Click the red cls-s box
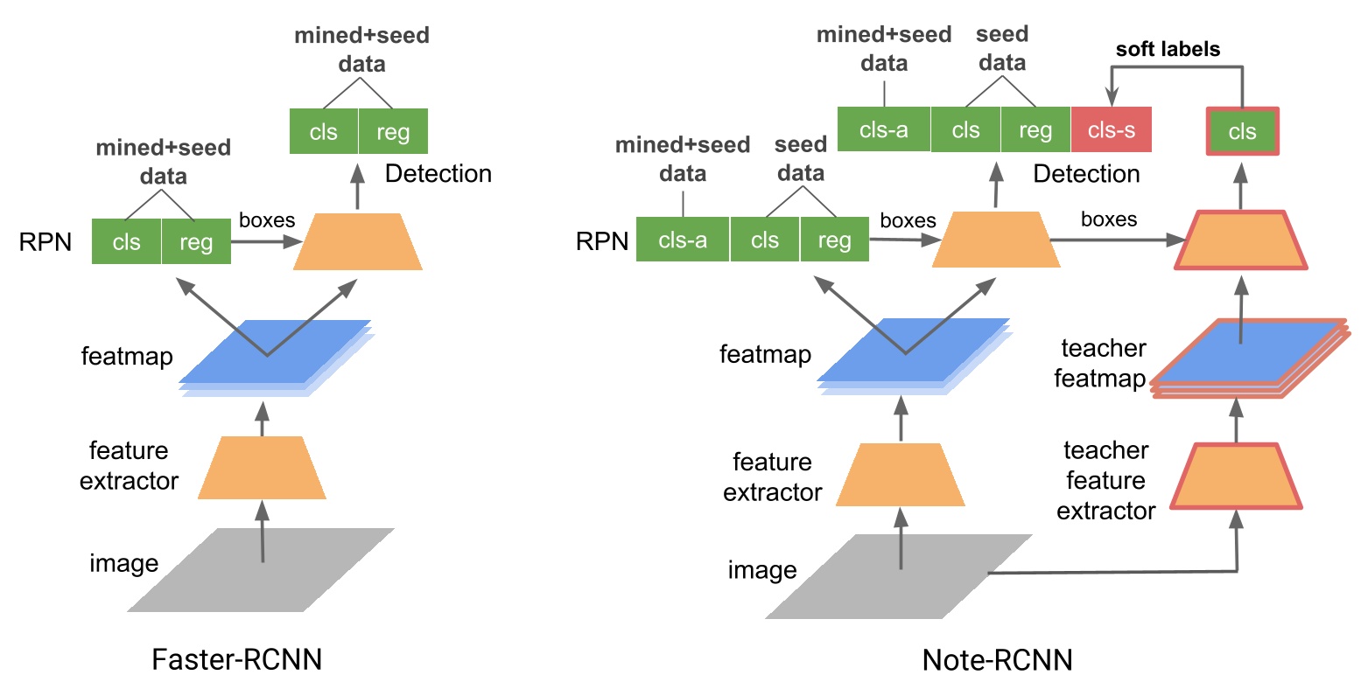pos(1112,130)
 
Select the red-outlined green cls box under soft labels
pos(1242,132)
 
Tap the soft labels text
pos(1167,50)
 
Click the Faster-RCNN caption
pos(237,658)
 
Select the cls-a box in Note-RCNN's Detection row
pos(884,130)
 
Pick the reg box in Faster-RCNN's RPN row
pos(196,241)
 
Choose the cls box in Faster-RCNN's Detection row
pos(324,131)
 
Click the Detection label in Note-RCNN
pos(1086,174)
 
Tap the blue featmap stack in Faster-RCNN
pos(276,354)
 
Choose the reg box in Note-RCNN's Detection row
pos(1035,130)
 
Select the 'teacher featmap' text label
pos(1103,364)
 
